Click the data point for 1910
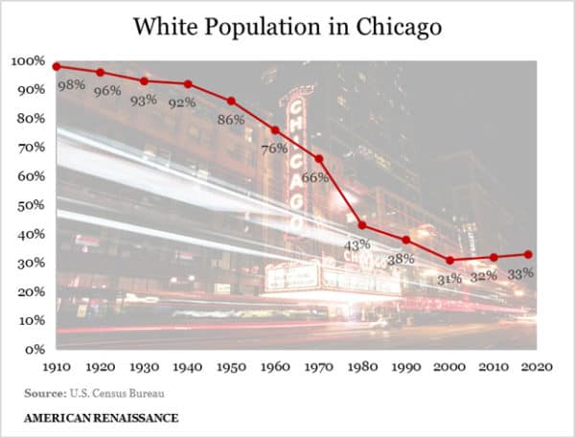(x=57, y=66)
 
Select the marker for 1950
(x=231, y=101)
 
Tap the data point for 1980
(x=362, y=225)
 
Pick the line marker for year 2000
(x=449, y=260)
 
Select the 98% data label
(x=71, y=85)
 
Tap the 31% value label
(x=448, y=279)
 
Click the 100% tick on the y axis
(x=27, y=61)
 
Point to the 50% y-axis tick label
(x=30, y=205)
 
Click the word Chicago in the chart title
(x=395, y=26)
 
